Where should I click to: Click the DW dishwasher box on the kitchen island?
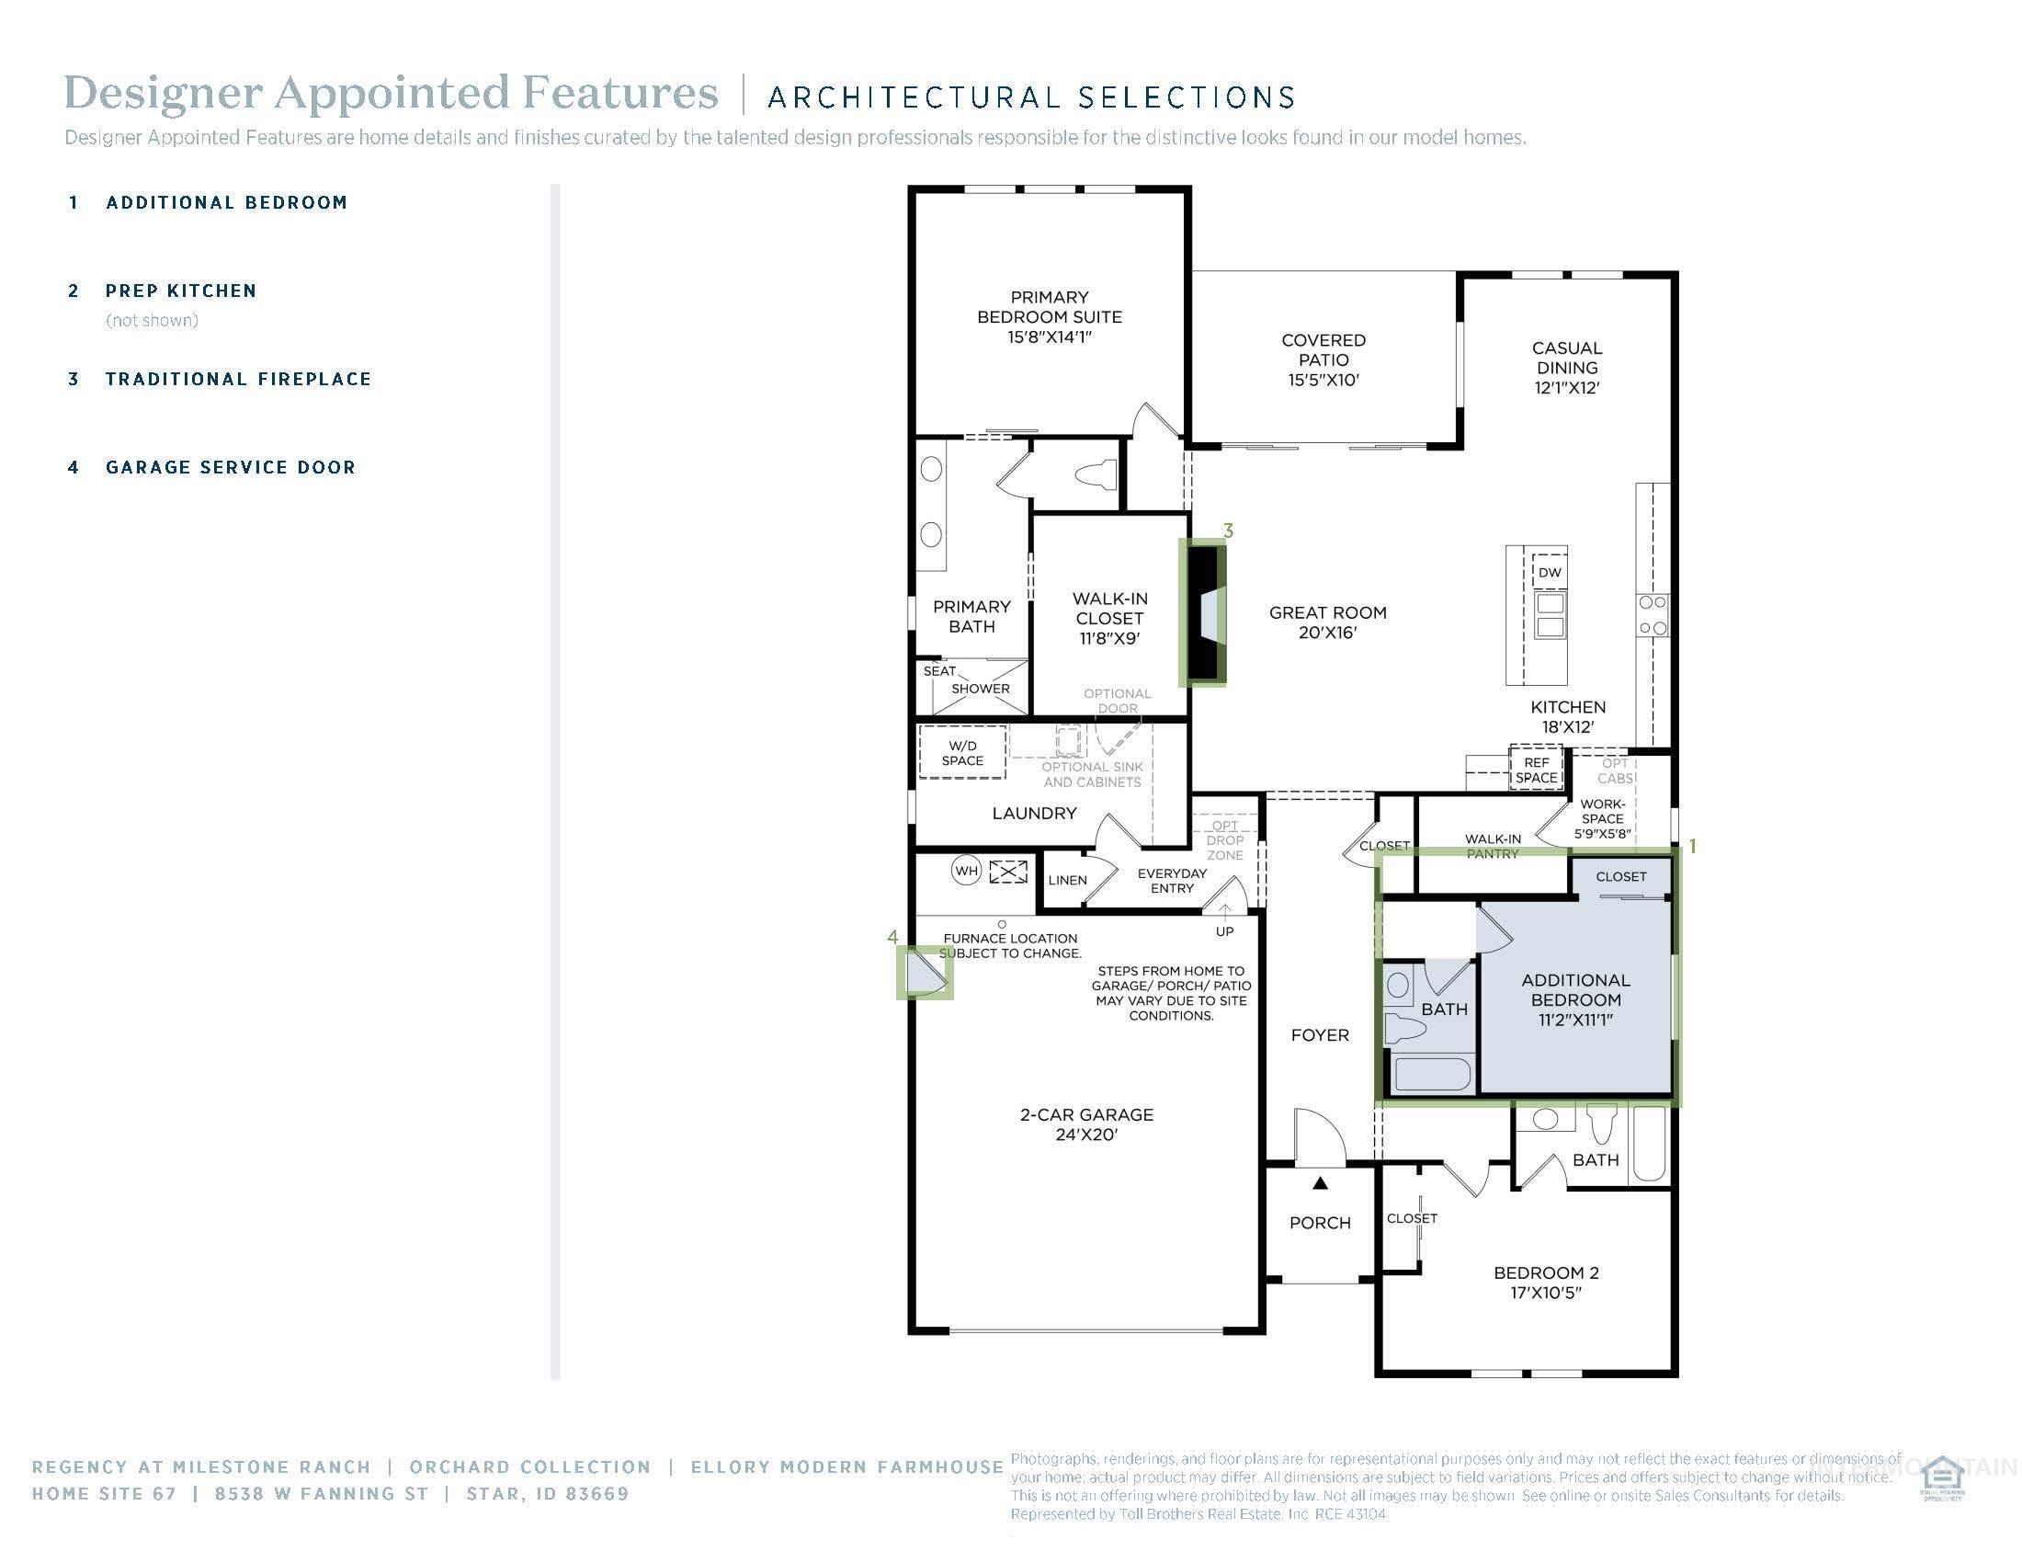pos(1549,572)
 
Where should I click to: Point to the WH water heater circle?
pos(966,871)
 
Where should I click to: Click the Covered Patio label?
pos(1323,359)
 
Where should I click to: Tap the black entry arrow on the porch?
pos(1320,1183)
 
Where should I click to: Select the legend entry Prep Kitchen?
pos(180,291)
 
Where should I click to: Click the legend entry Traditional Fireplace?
pos(238,379)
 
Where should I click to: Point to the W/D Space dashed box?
pos(962,753)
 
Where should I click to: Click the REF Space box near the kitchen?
pos(1536,770)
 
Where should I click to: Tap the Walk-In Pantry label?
pos(1493,845)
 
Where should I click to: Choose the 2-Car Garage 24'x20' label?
pos(1086,1124)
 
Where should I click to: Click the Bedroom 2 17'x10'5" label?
pos(1545,1282)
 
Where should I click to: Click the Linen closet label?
pos(1067,880)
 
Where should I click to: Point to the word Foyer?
pos(1319,1035)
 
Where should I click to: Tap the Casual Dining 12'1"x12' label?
pos(1566,368)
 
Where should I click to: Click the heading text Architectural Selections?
pos(1031,97)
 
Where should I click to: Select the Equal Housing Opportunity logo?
pos(1941,1479)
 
